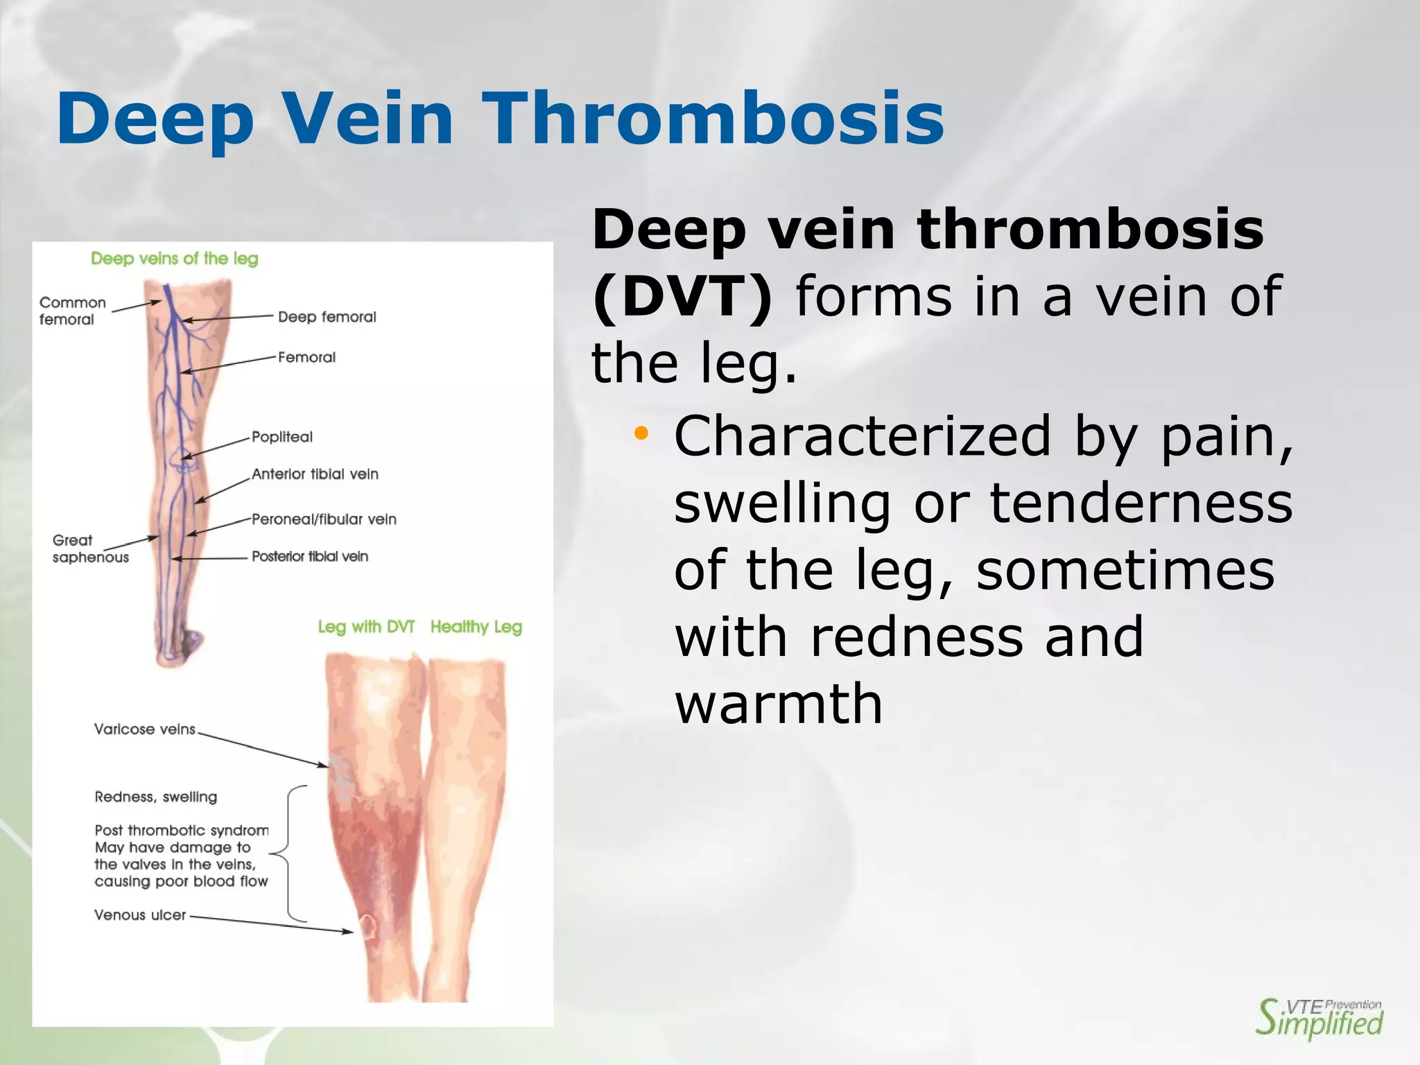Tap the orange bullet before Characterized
click(x=641, y=435)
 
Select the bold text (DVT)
click(x=682, y=297)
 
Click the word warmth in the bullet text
click(x=779, y=704)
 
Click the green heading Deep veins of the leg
click(x=175, y=259)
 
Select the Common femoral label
click(x=72, y=311)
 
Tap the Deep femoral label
click(x=327, y=317)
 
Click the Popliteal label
click(x=282, y=437)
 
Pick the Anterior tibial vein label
click(x=315, y=474)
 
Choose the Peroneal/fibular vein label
click(x=324, y=519)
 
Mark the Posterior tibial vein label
click(x=309, y=556)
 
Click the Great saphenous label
click(x=90, y=548)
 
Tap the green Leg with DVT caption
click(x=366, y=627)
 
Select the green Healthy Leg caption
click(x=476, y=627)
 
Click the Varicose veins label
click(x=145, y=729)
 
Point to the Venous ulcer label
click(x=140, y=915)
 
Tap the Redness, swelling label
click(x=156, y=797)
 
